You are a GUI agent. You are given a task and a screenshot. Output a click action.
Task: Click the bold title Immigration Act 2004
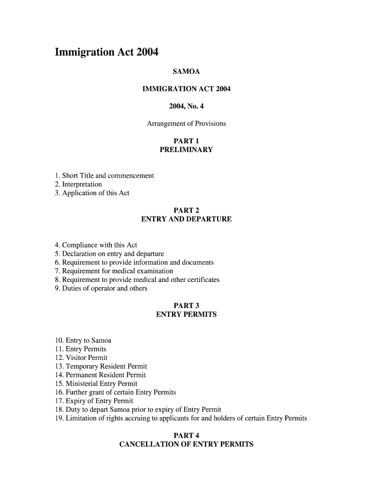[107, 52]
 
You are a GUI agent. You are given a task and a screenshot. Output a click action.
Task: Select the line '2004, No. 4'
[186, 106]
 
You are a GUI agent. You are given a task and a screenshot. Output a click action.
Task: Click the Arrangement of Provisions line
[186, 124]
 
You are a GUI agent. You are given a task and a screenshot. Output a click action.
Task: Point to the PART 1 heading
[186, 141]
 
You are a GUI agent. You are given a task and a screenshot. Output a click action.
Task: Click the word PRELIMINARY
[186, 150]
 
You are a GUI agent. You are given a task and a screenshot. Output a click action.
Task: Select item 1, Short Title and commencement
[104, 175]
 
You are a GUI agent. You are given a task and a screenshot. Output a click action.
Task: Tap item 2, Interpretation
[78, 184]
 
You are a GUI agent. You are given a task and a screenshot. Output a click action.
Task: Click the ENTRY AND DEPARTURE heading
[186, 219]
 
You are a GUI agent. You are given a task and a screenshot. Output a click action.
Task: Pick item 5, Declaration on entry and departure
[109, 254]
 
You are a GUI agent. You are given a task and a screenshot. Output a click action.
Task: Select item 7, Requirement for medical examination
[114, 271]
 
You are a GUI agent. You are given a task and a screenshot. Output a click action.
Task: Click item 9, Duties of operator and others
[101, 289]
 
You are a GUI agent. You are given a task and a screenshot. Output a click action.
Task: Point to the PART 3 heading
[186, 306]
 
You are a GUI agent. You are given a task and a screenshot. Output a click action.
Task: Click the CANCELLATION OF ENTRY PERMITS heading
[186, 444]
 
